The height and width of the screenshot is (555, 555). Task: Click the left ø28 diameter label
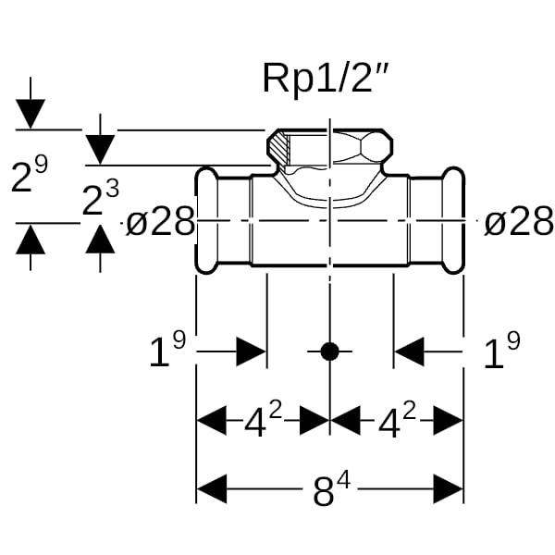(160, 222)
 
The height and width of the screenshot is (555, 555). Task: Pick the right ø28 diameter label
(519, 222)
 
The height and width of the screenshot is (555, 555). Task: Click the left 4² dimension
(263, 421)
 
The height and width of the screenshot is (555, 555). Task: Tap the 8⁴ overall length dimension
(329, 490)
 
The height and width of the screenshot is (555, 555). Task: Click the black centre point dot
(329, 351)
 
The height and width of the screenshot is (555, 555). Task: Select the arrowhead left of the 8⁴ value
(212, 488)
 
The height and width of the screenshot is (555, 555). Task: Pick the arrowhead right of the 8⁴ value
(448, 488)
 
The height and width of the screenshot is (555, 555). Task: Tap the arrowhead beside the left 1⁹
(251, 351)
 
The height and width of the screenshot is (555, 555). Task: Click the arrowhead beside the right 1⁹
(409, 351)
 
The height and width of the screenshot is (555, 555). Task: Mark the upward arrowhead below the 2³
(100, 238)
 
